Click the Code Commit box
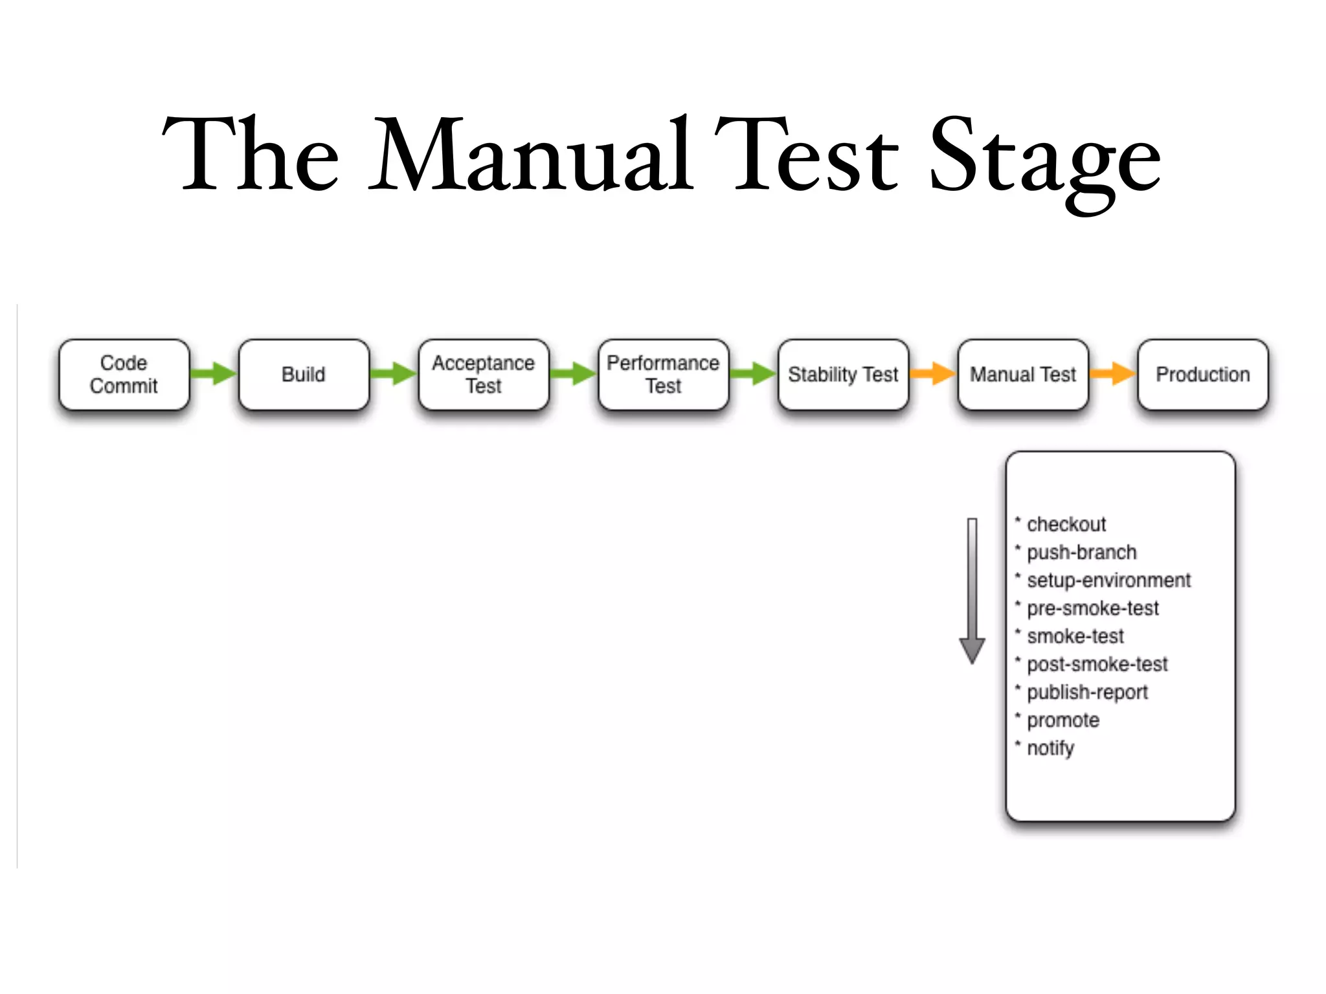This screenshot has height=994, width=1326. pyautogui.click(x=124, y=375)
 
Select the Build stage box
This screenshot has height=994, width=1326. pyautogui.click(x=304, y=375)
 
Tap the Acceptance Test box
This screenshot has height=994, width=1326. pyautogui.click(x=484, y=375)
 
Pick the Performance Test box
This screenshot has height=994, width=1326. pyautogui.click(x=663, y=375)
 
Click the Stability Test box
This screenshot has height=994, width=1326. pyautogui.click(x=843, y=375)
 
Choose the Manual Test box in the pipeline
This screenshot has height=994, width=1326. pyautogui.click(x=1023, y=375)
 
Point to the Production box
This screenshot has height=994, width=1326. pyautogui.click(x=1203, y=375)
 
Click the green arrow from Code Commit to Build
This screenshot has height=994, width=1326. pyautogui.click(x=214, y=373)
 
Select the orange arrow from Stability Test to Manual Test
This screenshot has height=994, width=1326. pyautogui.click(x=933, y=373)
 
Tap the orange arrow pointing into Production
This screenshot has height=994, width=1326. pyautogui.click(x=1113, y=373)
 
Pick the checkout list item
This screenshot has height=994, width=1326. pyautogui.click(x=1066, y=524)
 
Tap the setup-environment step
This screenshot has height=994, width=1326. pyautogui.click(x=1108, y=580)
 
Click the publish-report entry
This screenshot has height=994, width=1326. pyautogui.click(x=1087, y=692)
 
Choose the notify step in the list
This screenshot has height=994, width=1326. pyautogui.click(x=1050, y=748)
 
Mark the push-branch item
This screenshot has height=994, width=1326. pyautogui.click(x=1081, y=553)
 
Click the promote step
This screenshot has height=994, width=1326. pyautogui.click(x=1063, y=720)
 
